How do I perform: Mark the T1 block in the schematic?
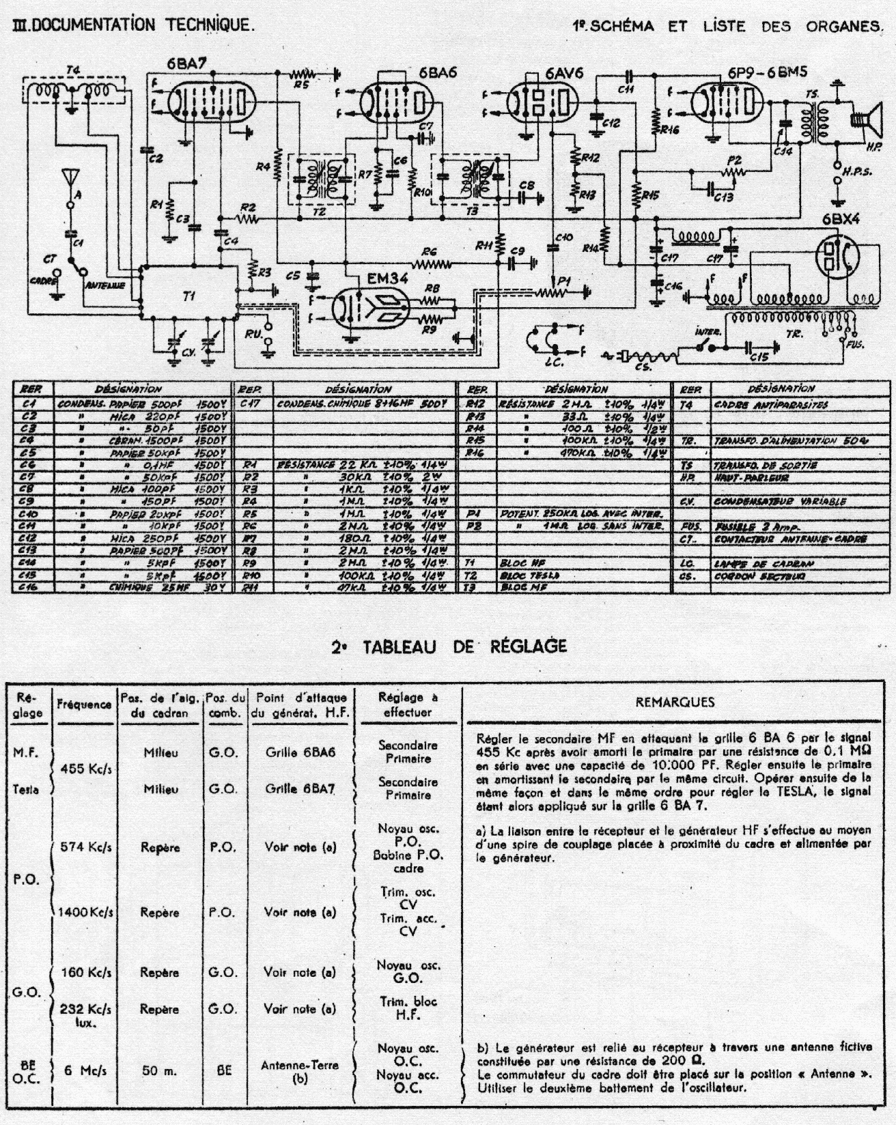tap(188, 296)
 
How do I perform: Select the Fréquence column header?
tap(85, 704)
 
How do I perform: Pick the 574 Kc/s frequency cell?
tap(85, 847)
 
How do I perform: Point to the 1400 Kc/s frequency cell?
tap(85, 912)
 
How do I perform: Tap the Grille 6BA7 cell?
tap(300, 788)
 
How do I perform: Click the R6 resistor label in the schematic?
tap(430, 251)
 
